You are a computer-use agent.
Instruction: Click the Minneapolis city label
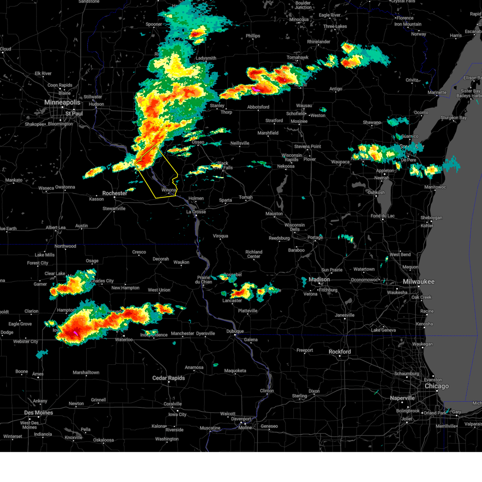(62, 102)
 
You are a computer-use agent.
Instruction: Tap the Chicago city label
(437, 386)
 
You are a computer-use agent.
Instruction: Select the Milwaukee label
(419, 282)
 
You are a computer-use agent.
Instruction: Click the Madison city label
(319, 280)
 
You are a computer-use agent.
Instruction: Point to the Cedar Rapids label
(168, 378)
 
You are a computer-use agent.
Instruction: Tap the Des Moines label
(39, 413)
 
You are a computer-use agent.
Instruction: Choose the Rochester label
(114, 193)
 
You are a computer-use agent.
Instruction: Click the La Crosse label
(196, 212)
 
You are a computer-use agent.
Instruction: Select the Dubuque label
(235, 331)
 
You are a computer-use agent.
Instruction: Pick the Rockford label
(339, 351)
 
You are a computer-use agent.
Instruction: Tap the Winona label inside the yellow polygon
(169, 190)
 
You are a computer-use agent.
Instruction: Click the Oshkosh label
(376, 192)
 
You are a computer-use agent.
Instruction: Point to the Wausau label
(304, 106)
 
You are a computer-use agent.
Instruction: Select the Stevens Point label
(307, 147)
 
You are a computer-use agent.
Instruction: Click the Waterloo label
(124, 339)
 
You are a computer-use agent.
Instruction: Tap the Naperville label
(402, 398)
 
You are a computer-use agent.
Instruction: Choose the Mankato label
(14, 180)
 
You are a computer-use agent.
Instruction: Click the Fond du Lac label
(382, 216)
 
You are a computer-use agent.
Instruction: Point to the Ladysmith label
(206, 58)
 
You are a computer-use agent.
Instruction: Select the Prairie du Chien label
(204, 280)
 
